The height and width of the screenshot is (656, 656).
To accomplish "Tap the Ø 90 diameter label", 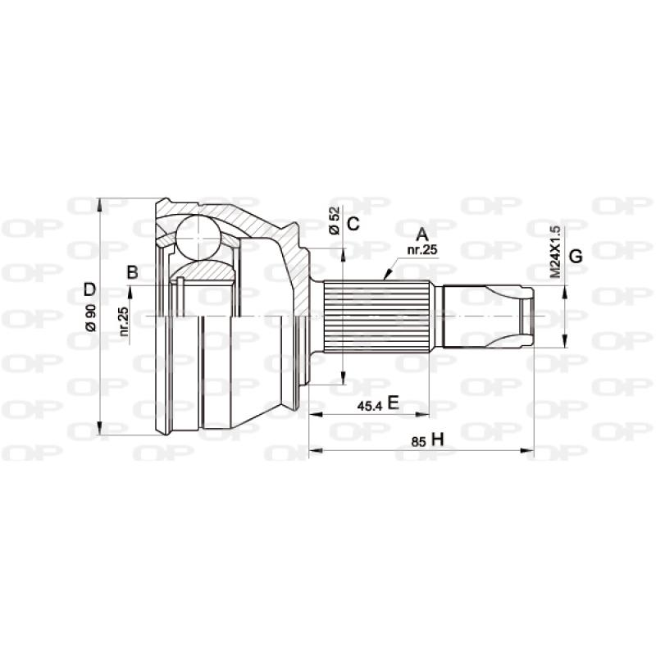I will coord(90,317).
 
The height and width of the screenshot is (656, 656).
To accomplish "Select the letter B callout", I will coord(131,271).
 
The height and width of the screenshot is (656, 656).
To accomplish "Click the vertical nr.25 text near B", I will coord(123,321).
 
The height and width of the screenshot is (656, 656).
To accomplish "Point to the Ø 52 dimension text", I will coord(334,220).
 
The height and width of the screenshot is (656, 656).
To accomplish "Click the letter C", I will coord(353,224).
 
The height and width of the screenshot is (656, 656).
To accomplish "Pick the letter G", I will coord(576,256).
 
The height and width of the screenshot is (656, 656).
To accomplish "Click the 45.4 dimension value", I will coord(371,404).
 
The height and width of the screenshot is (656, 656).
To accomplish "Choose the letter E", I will coord(393,402).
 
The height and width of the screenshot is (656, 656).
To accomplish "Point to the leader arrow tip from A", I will coord(384,279).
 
